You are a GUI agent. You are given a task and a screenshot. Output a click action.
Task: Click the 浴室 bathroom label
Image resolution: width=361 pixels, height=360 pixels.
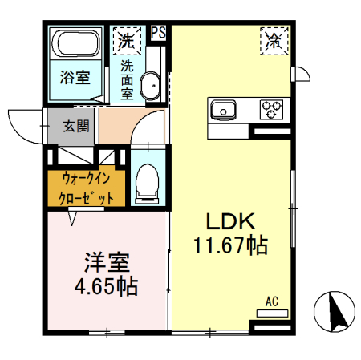(75, 79)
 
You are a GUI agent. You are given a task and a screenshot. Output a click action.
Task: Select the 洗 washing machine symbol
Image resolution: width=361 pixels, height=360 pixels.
(125, 38)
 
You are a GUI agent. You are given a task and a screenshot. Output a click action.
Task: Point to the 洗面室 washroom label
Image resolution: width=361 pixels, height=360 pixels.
(127, 79)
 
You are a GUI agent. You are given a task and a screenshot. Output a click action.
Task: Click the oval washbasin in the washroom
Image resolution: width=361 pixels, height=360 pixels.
(150, 85)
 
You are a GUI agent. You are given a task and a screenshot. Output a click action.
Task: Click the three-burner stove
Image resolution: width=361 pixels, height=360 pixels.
(271, 108)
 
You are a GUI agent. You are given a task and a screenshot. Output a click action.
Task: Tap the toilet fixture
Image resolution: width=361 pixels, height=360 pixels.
(148, 181)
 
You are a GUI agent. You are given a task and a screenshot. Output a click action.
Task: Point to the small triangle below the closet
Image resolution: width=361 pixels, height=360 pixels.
(73, 216)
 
